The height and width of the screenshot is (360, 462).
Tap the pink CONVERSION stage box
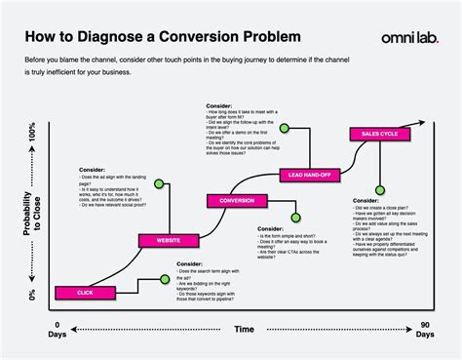coord(237,201)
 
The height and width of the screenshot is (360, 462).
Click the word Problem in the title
coord(268,38)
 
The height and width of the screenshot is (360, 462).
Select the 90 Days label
coord(424,329)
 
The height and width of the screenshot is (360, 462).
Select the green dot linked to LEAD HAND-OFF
coord(285,127)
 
